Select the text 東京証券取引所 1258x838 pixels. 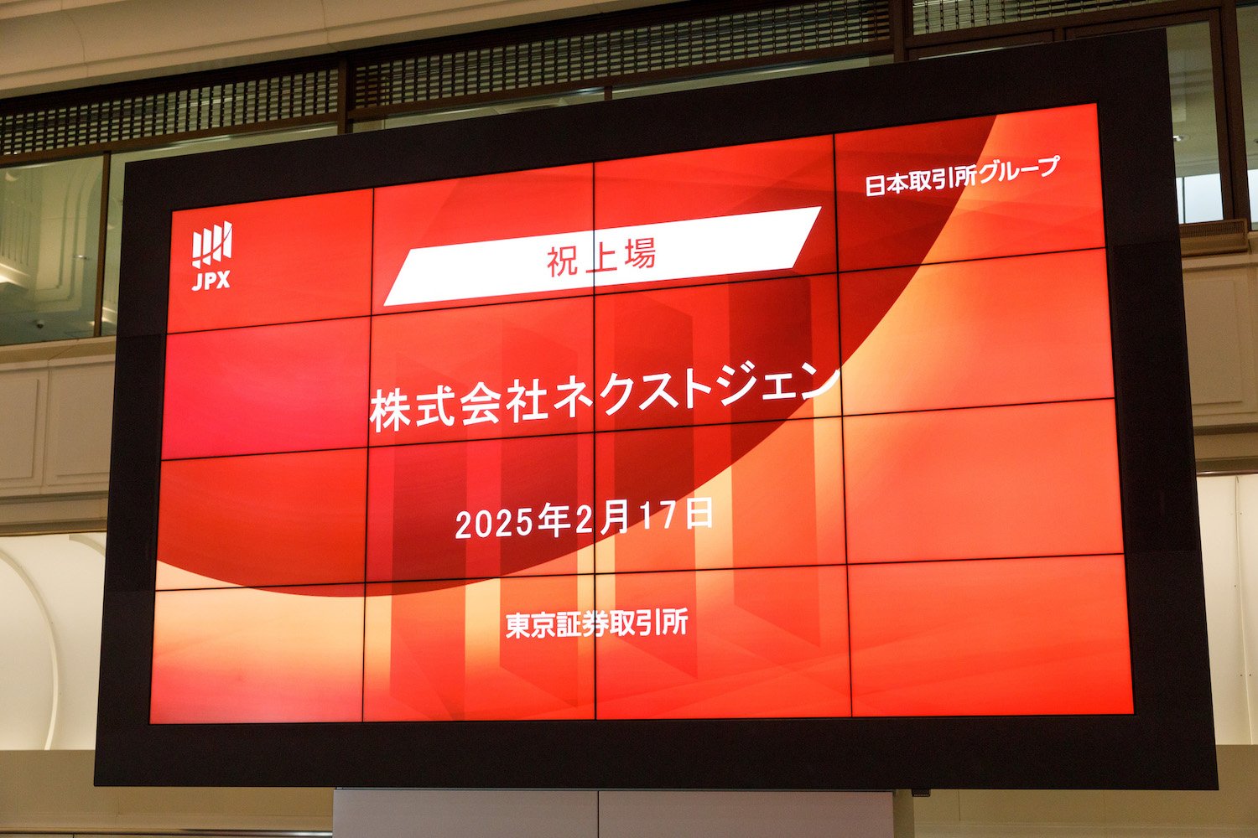click(596, 623)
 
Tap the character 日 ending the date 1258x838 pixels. click(699, 514)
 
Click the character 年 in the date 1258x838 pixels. click(554, 521)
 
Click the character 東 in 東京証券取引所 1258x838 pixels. click(518, 625)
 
